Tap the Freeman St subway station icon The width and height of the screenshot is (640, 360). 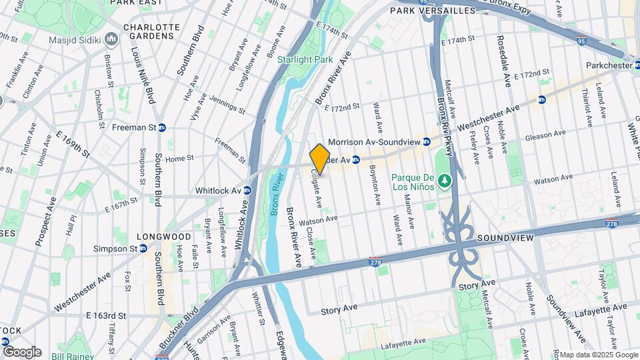point(162,127)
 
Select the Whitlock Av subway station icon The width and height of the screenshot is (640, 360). point(247,190)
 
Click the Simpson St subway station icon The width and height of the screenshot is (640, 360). point(143,249)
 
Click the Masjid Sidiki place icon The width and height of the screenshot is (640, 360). point(110,40)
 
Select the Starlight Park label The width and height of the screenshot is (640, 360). point(305,59)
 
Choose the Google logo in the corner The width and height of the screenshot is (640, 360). point(22,351)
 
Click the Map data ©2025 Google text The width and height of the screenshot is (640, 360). point(598,355)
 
